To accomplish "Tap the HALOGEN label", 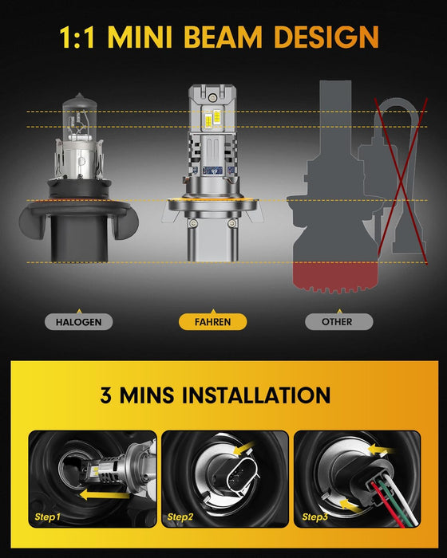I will point(79,323).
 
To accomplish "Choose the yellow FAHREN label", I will point(212,323).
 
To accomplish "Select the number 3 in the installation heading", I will point(107,395).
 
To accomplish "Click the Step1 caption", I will point(49,517).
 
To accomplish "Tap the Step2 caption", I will point(181,517).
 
